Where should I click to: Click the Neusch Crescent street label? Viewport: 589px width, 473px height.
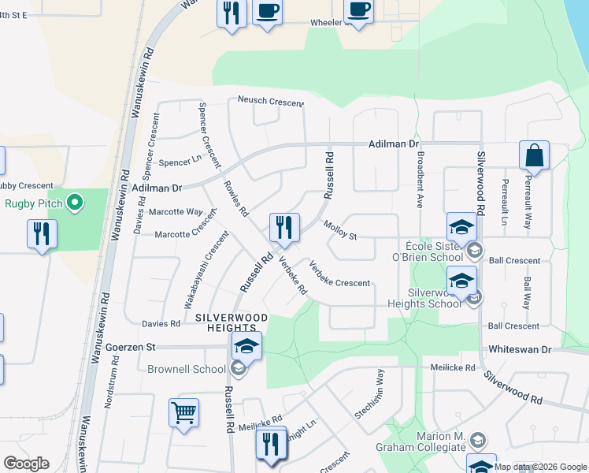click(271, 101)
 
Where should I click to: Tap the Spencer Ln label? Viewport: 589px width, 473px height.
click(181, 163)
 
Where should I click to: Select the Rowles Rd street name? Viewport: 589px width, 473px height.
click(235, 201)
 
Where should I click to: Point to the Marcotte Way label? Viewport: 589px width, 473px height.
click(177, 211)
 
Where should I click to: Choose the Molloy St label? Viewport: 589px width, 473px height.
click(340, 230)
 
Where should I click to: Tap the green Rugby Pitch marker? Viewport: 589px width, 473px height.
click(76, 203)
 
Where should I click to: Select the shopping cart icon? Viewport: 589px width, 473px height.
click(183, 412)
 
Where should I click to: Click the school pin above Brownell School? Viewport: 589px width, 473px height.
click(246, 346)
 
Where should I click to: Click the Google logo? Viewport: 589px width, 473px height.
click(26, 464)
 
